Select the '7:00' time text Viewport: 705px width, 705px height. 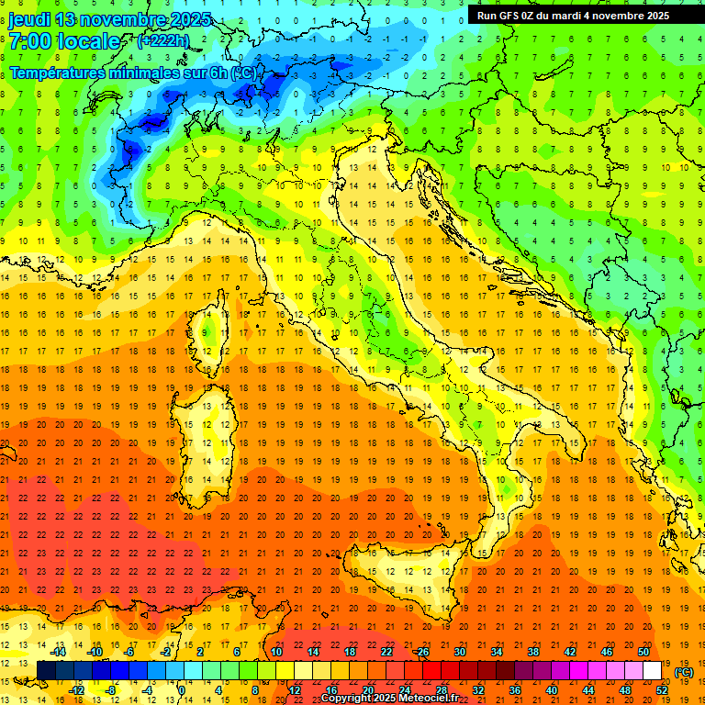coord(29,41)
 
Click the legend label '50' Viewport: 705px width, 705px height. coord(643,651)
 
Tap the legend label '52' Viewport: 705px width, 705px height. coord(662,689)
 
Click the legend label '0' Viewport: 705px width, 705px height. coord(182,689)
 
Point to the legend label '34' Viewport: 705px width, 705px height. coord(496,651)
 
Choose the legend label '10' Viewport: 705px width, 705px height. coord(276,651)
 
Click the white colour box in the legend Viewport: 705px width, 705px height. coord(653,670)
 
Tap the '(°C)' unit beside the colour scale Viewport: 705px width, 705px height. coord(684,671)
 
